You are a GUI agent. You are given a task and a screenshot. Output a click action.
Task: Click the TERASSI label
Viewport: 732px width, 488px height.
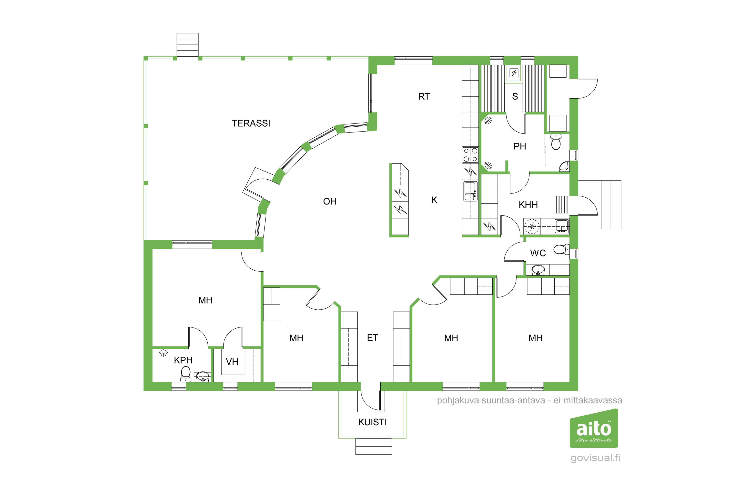[x=251, y=123]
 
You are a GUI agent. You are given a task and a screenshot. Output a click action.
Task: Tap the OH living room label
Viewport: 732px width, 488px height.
[x=330, y=201]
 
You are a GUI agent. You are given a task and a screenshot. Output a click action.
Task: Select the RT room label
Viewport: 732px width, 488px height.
[x=424, y=96]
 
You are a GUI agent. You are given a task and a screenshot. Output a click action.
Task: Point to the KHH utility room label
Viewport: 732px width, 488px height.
[x=528, y=205]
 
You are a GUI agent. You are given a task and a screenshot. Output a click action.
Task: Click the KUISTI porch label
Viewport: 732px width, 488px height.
[x=373, y=422]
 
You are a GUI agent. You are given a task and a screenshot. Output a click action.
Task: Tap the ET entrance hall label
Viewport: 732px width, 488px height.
[x=373, y=338]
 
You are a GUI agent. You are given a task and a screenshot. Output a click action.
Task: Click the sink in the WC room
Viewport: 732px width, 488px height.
[x=538, y=270]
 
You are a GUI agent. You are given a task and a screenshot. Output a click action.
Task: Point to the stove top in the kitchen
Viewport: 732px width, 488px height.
[x=470, y=155]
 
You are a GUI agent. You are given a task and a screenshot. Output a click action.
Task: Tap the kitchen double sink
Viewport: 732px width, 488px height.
[x=470, y=191]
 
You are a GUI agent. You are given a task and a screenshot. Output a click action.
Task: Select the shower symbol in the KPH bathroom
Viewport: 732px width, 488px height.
[x=163, y=353]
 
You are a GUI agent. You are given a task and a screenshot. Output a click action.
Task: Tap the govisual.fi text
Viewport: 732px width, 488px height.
[x=595, y=458]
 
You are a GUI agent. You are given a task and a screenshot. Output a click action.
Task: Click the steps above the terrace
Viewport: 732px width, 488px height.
[x=187, y=45]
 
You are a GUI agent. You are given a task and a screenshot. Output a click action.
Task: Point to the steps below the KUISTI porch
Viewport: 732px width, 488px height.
[x=374, y=447]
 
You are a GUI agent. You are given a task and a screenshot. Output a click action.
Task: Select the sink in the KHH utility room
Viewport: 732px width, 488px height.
[x=562, y=226]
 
